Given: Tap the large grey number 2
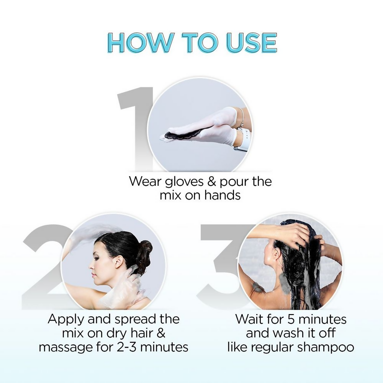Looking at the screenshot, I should pos(42,264).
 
